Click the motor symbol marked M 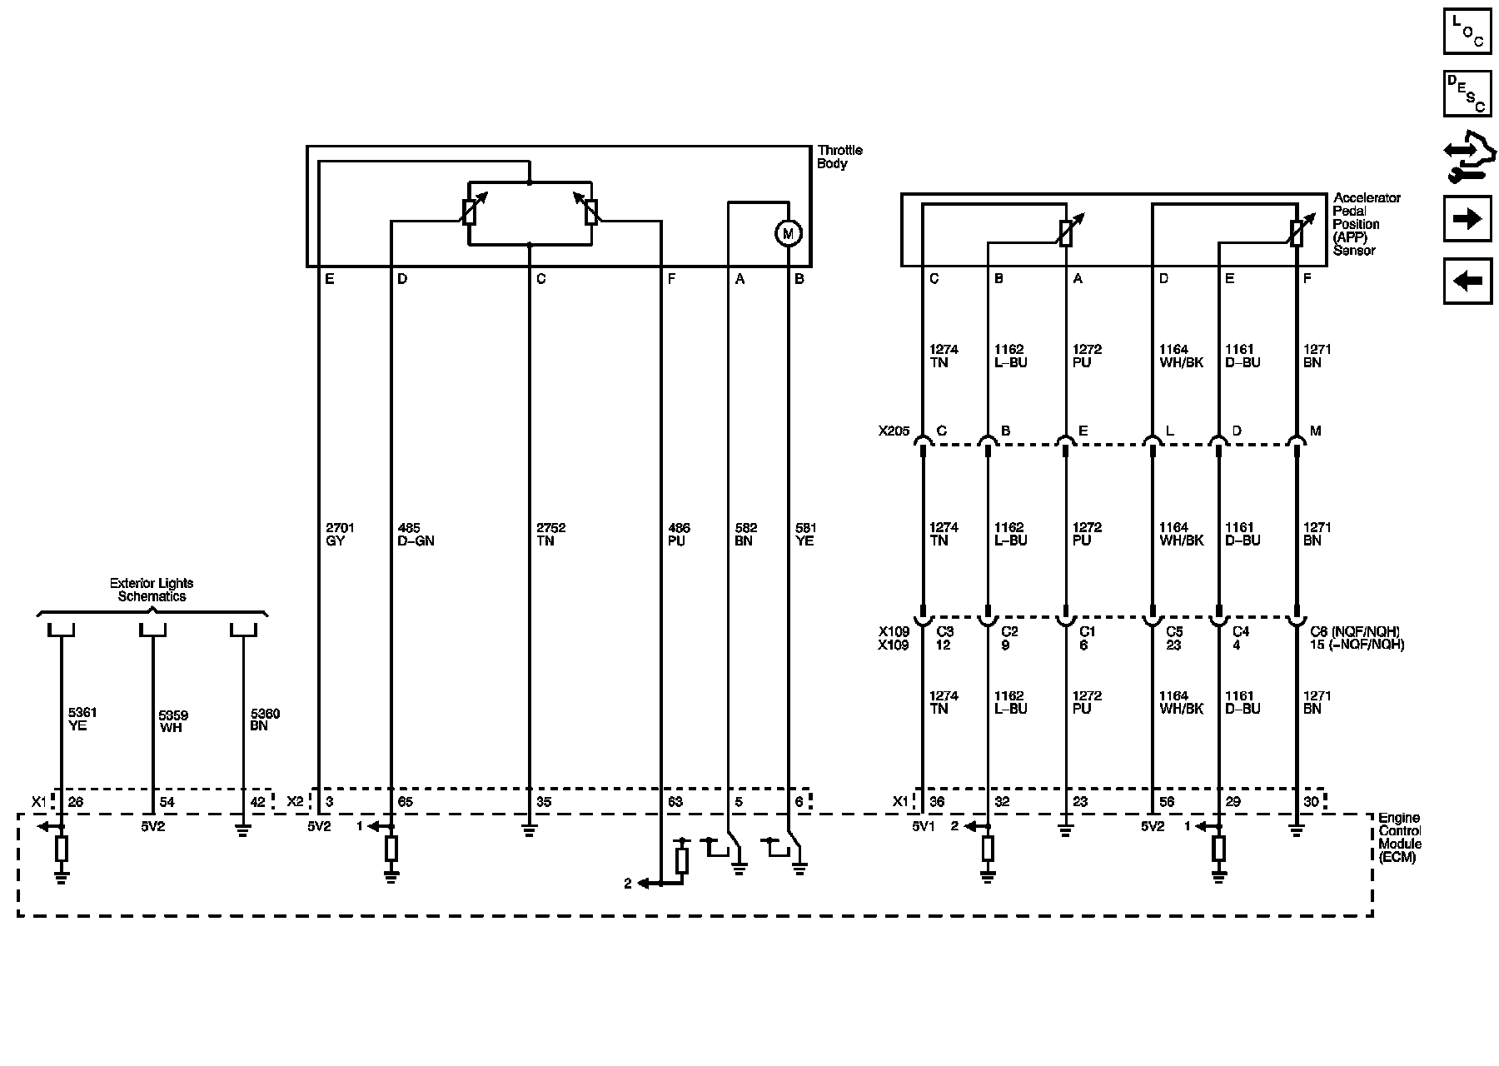coord(788,233)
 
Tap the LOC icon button coord(1467,31)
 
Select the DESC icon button coord(1467,93)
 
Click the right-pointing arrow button coord(1467,219)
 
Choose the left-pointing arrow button coord(1467,281)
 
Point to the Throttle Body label coord(839,157)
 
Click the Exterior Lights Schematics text coord(152,590)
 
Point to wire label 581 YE coord(804,534)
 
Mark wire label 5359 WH coord(173,720)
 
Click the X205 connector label coord(894,431)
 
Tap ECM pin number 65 coord(405,802)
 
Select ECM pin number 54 coord(167,802)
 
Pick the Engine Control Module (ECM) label coord(1399,837)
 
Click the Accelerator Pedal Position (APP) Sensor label coord(1367,224)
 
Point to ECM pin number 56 coord(1167,802)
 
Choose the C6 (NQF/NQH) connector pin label coord(1354,631)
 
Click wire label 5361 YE coord(77,719)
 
